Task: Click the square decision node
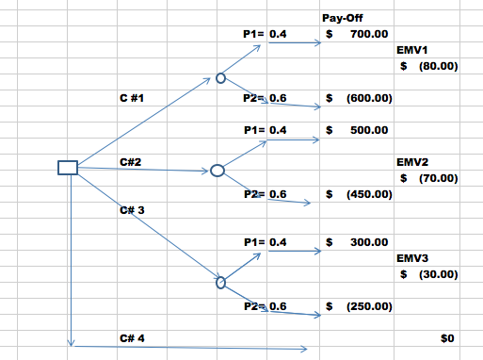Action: (x=68, y=168)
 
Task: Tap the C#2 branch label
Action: (x=131, y=163)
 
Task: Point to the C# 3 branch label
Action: (x=133, y=208)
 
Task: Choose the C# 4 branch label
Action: (x=133, y=336)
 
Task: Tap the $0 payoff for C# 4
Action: (x=448, y=337)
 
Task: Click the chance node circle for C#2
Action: (x=217, y=171)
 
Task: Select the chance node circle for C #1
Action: (x=220, y=79)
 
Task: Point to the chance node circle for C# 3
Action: (x=221, y=281)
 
